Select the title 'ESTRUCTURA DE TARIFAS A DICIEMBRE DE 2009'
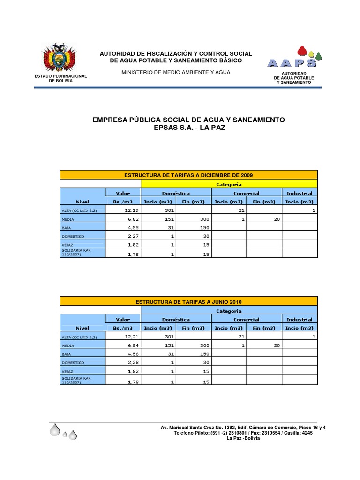coord(188,175)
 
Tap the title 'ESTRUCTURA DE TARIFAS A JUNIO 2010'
coord(188,301)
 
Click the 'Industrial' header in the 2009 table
coord(300,193)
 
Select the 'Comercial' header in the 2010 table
coord(247,319)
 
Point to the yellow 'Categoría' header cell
coord(229,184)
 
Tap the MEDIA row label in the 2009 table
coord(68,219)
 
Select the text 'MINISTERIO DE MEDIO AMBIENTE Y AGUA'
coord(176,72)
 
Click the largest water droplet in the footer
coord(55,429)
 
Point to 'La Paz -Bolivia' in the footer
coord(243,438)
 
